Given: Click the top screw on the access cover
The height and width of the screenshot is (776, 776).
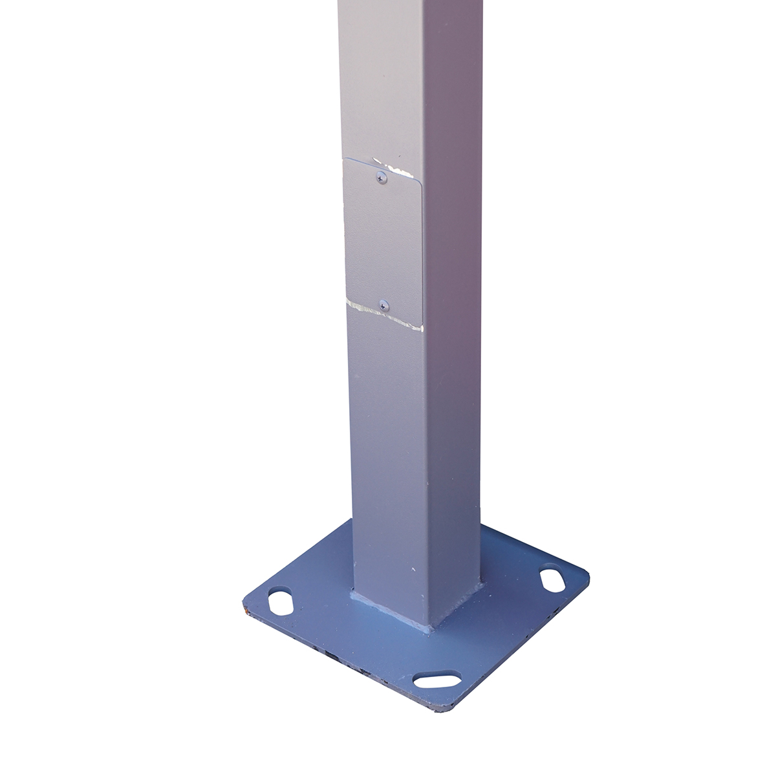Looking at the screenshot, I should tap(381, 175).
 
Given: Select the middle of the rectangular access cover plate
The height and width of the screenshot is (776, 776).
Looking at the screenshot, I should tap(382, 241).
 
